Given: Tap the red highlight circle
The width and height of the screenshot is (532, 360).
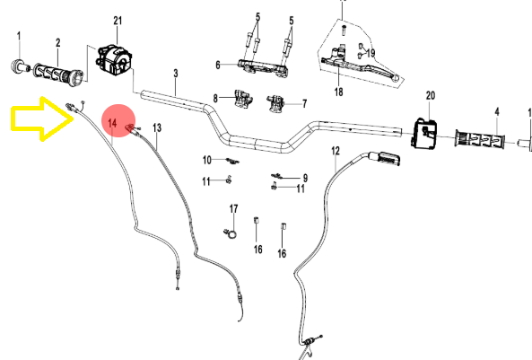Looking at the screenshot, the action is point(118,121).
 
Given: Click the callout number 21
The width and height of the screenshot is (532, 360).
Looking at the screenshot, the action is point(118,21).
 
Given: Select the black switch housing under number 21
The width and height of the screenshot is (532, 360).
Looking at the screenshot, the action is point(115,61).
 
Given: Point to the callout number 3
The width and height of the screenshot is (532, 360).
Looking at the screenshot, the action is point(176,73).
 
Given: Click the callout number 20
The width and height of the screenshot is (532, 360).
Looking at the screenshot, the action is point(431,96).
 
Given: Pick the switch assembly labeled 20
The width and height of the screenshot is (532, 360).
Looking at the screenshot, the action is point(425,134).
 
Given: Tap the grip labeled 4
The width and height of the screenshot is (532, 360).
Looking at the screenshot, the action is point(480,139).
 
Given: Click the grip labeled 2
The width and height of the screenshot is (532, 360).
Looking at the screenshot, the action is point(58,73).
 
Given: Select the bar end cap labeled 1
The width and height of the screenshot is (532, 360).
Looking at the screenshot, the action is point(19,66).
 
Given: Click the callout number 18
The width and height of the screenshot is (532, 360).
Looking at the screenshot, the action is point(338,92).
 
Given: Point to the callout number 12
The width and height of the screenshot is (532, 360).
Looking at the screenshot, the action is point(336,151).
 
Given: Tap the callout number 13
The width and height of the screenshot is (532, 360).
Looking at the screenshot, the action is point(157,128).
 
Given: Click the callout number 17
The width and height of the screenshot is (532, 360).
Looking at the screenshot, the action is point(234,209).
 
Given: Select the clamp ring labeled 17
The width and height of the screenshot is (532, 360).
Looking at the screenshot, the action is point(231,233).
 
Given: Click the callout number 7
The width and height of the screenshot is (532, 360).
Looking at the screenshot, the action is point(305,103).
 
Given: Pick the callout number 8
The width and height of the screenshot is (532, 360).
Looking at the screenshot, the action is point(215,99).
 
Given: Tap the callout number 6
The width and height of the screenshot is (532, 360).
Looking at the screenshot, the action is point(218,65).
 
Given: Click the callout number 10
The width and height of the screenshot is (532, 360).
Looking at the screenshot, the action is point(207,160).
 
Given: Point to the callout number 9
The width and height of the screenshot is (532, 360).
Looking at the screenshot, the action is point(305,178).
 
